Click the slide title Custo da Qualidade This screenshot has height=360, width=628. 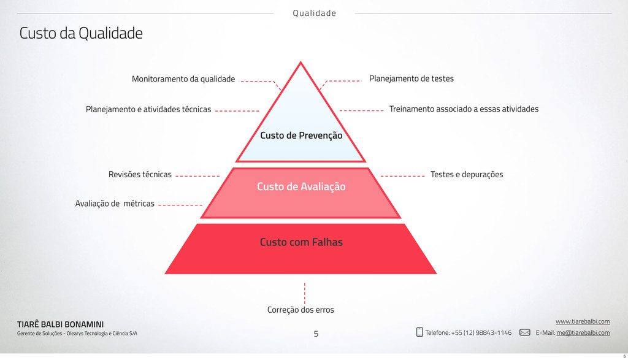click(x=81, y=33)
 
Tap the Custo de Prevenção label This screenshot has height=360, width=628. click(x=301, y=135)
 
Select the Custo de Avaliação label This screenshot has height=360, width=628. click(x=301, y=186)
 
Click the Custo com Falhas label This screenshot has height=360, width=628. click(x=301, y=242)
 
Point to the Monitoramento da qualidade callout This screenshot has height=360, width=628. click(x=183, y=79)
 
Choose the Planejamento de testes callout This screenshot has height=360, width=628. click(x=411, y=79)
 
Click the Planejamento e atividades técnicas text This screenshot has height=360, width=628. click(x=148, y=110)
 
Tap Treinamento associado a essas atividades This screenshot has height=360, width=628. click(x=464, y=109)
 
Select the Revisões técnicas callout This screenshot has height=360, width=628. click(x=140, y=175)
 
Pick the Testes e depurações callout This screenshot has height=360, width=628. click(x=467, y=175)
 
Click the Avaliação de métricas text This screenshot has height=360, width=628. click(x=115, y=204)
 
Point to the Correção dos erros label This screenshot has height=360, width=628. click(x=301, y=310)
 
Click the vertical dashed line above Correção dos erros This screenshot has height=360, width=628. click(x=305, y=293)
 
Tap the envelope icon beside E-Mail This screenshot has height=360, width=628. click(x=525, y=332)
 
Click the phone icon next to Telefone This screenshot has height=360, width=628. click(x=419, y=332)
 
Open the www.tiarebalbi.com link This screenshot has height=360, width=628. click(x=582, y=321)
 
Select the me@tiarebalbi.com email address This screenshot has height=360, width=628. click(x=583, y=333)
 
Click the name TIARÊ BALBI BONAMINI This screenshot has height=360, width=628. click(x=60, y=324)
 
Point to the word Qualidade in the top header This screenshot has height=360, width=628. click(x=314, y=13)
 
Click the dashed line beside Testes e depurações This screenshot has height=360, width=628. click(x=402, y=176)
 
